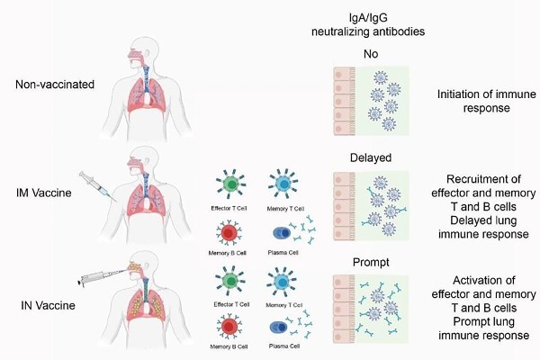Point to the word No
point(379,52)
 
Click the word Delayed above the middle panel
point(379,157)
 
